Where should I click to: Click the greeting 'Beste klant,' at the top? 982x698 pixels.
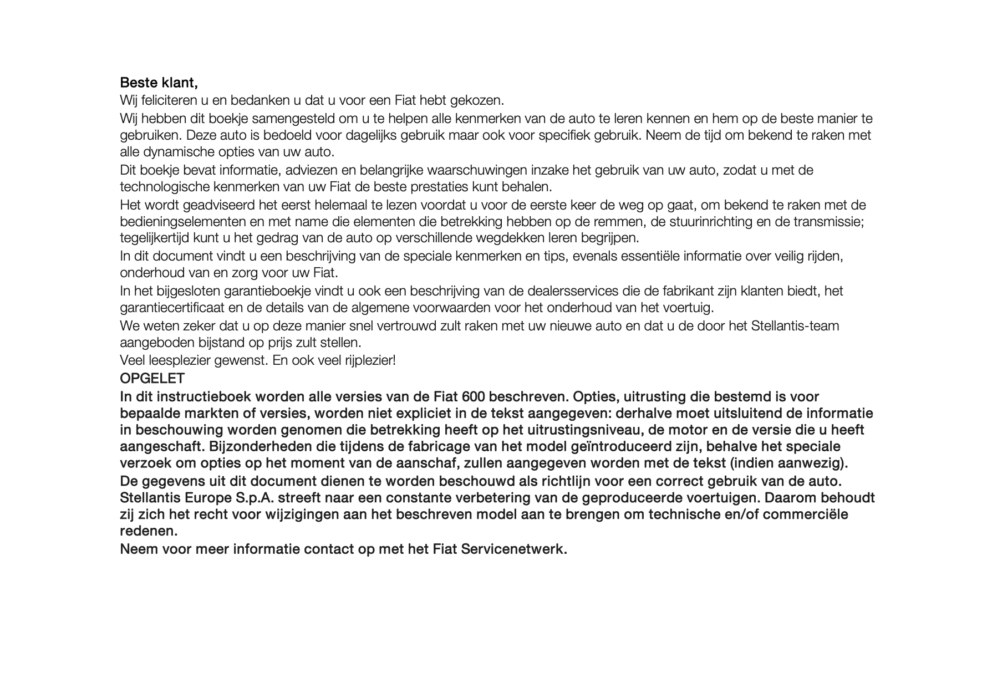tap(159, 83)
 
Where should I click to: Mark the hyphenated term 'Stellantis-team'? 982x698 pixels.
tap(795, 326)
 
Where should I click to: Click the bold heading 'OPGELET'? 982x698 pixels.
tap(152, 379)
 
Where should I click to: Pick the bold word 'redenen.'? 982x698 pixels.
tap(149, 531)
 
